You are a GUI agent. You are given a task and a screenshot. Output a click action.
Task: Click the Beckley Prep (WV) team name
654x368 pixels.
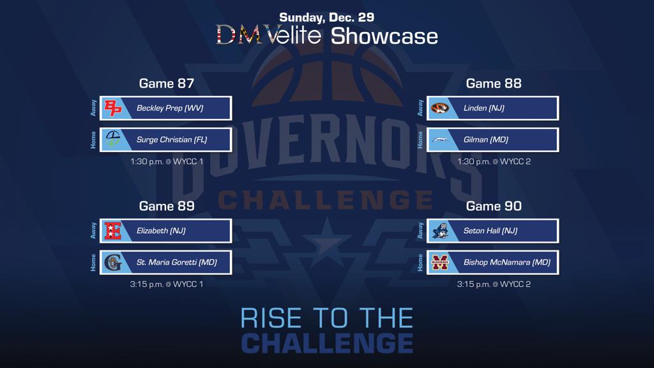(170, 108)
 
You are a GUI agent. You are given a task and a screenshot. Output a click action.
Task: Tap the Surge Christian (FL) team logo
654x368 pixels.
(112, 139)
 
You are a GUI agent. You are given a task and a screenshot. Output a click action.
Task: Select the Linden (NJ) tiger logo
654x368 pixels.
(439, 108)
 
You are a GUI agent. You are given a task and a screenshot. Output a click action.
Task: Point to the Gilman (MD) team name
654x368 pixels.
(485, 140)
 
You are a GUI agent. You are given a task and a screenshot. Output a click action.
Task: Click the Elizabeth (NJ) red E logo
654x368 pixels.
(112, 231)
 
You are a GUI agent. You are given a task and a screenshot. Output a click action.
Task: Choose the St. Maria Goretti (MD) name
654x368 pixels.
(177, 263)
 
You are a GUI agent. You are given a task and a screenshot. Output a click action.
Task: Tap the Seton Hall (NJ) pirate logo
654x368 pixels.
(439, 231)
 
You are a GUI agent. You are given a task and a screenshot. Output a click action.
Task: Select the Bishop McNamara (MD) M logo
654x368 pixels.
(439, 263)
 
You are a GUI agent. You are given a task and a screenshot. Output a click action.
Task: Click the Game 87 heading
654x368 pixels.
(167, 84)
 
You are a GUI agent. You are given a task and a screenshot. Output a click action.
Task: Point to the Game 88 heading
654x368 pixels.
(494, 84)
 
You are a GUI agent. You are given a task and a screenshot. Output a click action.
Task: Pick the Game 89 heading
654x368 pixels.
(167, 206)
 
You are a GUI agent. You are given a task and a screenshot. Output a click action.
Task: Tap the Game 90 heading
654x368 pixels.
(494, 206)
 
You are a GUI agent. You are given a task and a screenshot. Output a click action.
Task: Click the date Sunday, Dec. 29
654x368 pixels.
(326, 17)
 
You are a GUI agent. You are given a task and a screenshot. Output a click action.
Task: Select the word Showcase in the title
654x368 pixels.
(384, 36)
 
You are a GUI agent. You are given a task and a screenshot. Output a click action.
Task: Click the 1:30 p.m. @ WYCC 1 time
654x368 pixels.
(167, 162)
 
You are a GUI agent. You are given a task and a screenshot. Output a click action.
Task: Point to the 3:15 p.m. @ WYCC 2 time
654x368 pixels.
(494, 284)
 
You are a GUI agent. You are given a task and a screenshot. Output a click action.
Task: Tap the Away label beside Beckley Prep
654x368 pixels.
(93, 107)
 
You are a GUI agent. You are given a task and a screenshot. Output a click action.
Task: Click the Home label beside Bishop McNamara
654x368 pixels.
(420, 263)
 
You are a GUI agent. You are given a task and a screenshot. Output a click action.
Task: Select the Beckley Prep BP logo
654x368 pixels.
(112, 108)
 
